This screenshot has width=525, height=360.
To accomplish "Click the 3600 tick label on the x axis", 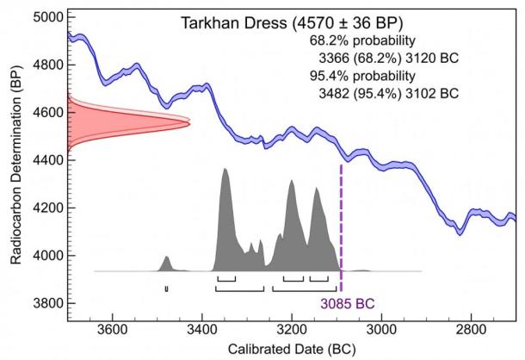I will click(112, 328).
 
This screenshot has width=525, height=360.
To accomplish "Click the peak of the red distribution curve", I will click(187, 125).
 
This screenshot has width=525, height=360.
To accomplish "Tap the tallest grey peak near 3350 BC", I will click(225, 171).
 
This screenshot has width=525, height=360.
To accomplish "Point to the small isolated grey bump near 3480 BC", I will click(167, 259).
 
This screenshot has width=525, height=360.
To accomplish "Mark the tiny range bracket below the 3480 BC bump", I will click(167, 288).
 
